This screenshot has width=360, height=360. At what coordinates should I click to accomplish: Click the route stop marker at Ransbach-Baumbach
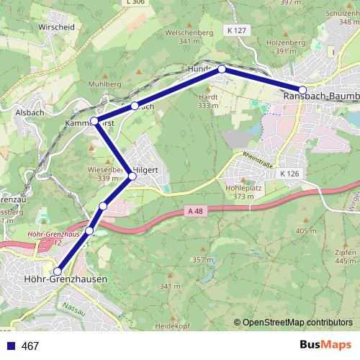coord(303,90)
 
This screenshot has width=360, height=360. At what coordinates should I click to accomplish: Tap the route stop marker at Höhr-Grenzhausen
coord(58,271)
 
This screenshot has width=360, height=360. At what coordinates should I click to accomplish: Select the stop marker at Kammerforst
coord(94,120)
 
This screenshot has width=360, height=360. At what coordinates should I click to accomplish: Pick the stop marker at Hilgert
coord(132,176)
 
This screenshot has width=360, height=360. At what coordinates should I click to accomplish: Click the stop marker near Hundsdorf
coord(222,69)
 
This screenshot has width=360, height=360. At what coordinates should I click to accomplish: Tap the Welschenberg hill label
coord(189,32)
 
